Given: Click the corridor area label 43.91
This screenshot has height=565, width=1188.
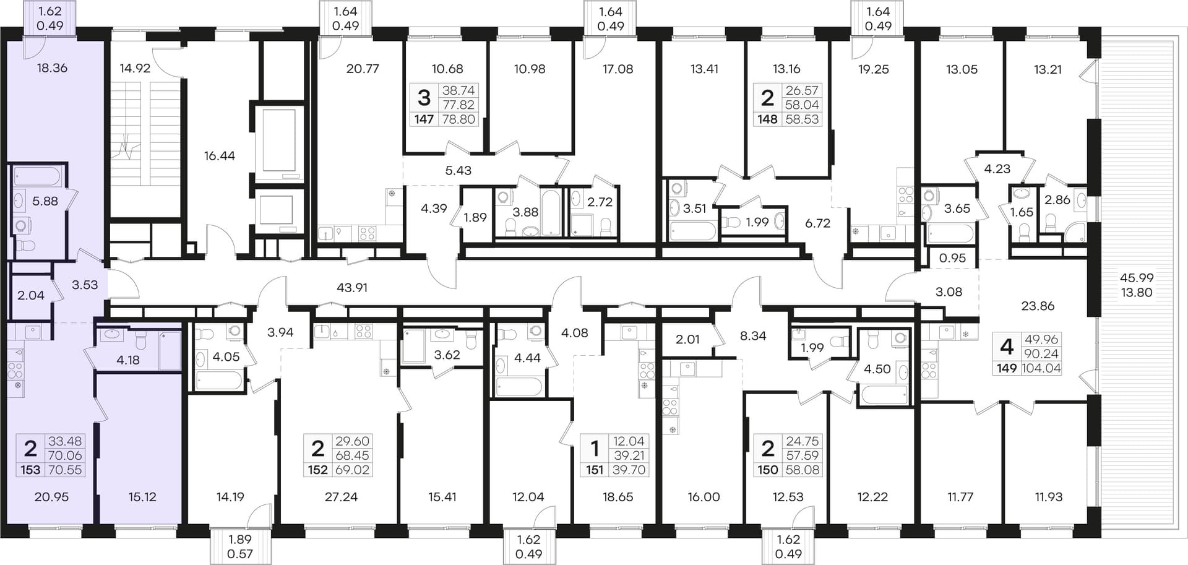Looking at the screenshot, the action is point(352,288).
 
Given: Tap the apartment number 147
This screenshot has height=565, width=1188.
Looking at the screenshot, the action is point(424,119).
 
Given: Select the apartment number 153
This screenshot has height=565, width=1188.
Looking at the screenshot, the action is point(30,470).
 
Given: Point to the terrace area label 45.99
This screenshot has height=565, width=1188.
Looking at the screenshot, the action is point(1137,278).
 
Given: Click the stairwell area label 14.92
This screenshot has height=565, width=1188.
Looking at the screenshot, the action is point(135,69).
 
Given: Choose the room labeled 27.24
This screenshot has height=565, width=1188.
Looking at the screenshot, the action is point(341,497).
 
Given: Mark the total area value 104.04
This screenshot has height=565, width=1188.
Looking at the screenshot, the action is point(1041,369).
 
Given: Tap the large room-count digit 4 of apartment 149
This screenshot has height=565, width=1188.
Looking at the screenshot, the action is point(1007,347).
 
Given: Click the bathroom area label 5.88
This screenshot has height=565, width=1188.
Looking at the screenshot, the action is point(45,201).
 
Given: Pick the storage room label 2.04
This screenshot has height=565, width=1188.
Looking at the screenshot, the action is point(31,296).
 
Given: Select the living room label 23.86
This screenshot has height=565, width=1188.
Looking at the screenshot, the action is point(1038,306).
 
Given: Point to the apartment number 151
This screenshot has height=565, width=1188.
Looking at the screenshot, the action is point(595,470).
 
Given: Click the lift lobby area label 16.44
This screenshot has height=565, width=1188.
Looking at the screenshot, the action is point(220,156).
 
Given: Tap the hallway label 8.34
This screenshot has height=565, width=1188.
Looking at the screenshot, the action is point(753,336).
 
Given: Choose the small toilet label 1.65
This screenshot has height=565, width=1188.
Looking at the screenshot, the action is point(1022,212).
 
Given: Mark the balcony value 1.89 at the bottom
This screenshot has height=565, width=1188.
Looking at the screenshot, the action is point(240,540).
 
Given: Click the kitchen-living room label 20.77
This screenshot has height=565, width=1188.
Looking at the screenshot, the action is point(363,69).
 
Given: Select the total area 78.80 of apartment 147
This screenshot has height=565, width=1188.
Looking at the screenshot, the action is point(458,119).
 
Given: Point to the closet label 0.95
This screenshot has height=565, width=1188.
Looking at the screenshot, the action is point(952,258).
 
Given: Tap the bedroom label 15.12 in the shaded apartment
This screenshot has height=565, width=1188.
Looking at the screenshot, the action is point(142,497).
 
